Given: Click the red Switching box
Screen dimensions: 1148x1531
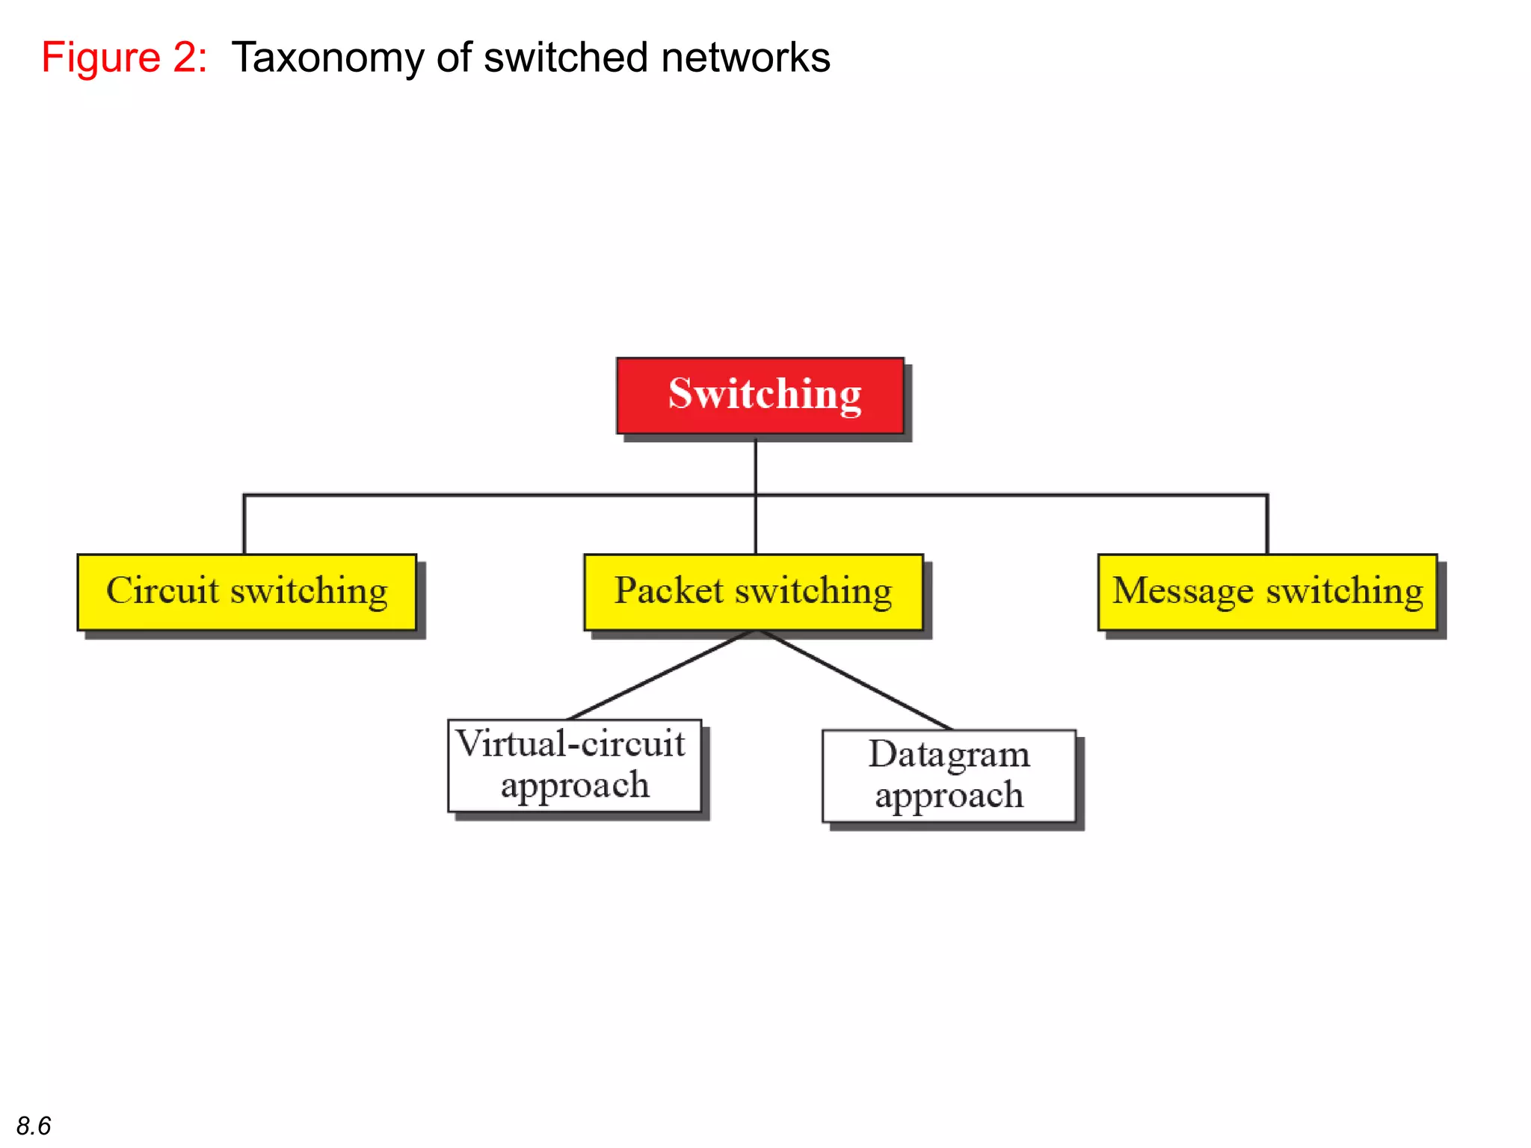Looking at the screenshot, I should tap(760, 395).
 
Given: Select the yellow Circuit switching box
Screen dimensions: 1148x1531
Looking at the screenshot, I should tap(247, 592).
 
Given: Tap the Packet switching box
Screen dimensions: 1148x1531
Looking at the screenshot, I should tap(754, 592).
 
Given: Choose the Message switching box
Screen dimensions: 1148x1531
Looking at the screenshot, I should tap(1268, 592).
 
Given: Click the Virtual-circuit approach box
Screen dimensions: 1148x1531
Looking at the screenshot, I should tap(574, 765).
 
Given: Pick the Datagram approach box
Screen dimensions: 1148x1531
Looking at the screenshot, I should tap(949, 776).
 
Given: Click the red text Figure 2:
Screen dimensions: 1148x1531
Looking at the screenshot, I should tap(124, 58).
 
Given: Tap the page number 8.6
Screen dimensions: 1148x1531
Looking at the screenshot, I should tap(34, 1126).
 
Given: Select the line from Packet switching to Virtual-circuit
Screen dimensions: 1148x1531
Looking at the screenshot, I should tap(662, 676).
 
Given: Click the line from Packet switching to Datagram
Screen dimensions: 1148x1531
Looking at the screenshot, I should tap(856, 680).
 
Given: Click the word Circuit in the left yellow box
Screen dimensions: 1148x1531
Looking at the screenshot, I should tap(162, 590).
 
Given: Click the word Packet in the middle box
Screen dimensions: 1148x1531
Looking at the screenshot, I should tap(669, 590).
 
